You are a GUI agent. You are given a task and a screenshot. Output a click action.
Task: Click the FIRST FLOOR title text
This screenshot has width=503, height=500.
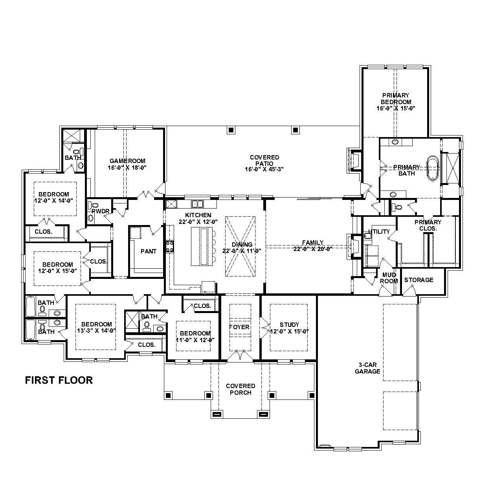[59, 380]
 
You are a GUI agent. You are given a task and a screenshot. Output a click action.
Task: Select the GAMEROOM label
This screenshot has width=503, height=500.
[127, 161]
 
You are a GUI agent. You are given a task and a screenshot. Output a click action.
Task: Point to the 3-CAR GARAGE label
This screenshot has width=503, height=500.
[367, 368]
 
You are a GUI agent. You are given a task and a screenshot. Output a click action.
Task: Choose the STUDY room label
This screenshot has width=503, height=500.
[289, 324]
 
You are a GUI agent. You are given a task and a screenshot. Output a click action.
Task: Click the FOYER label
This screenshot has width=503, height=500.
[239, 327]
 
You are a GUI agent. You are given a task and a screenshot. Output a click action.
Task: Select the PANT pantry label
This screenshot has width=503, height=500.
[149, 251]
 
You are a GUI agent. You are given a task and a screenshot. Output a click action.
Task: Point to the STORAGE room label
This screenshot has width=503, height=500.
[419, 280]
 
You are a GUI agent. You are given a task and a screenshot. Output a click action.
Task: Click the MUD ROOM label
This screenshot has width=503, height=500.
[389, 278]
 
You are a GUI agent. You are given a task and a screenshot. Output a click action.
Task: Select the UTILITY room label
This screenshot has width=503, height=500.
[379, 231]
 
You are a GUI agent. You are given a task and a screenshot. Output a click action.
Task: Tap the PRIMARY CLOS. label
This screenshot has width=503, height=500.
[428, 225]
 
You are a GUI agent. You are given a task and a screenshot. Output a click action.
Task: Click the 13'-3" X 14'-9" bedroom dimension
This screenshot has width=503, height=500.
[96, 331]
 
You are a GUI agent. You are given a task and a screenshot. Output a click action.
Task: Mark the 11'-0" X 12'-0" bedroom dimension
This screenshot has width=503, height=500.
[195, 340]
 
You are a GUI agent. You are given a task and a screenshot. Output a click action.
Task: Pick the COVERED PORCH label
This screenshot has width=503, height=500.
[240, 389]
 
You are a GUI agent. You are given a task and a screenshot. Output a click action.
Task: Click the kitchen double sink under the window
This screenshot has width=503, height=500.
[197, 203]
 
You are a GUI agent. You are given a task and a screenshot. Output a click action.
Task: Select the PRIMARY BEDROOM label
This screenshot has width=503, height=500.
[395, 101]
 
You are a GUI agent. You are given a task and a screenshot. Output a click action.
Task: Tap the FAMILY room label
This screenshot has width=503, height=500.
[312, 242]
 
